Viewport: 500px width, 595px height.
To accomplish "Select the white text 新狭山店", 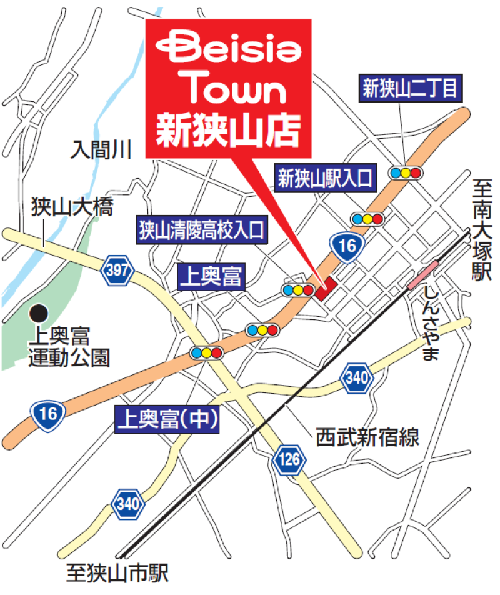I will click(228, 130).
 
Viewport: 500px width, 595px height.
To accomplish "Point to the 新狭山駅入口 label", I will click(326, 180).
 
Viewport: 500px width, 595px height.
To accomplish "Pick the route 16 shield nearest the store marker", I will click(348, 247).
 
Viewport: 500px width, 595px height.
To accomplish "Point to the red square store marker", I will click(326, 289).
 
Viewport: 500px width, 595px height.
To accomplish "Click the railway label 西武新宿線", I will click(367, 436).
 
